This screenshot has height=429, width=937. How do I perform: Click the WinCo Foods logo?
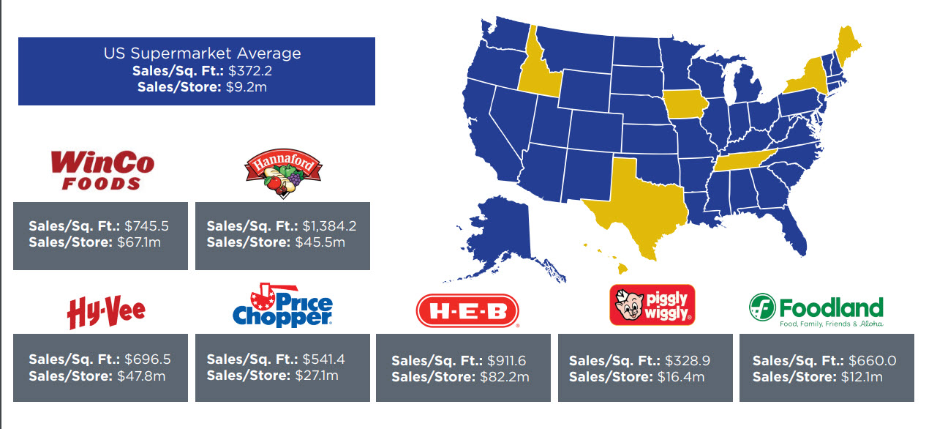102,170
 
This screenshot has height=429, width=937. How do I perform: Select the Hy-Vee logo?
106,311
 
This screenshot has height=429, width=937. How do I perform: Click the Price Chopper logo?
283,307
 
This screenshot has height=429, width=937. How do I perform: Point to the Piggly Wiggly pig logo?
652,305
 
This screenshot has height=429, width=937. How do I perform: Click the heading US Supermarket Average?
202,53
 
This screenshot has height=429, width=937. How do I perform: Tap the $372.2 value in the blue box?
249,71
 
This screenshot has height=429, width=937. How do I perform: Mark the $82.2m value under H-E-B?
504,377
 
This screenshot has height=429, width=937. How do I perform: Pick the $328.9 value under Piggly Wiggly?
688,361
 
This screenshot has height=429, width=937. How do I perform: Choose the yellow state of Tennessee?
750,157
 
